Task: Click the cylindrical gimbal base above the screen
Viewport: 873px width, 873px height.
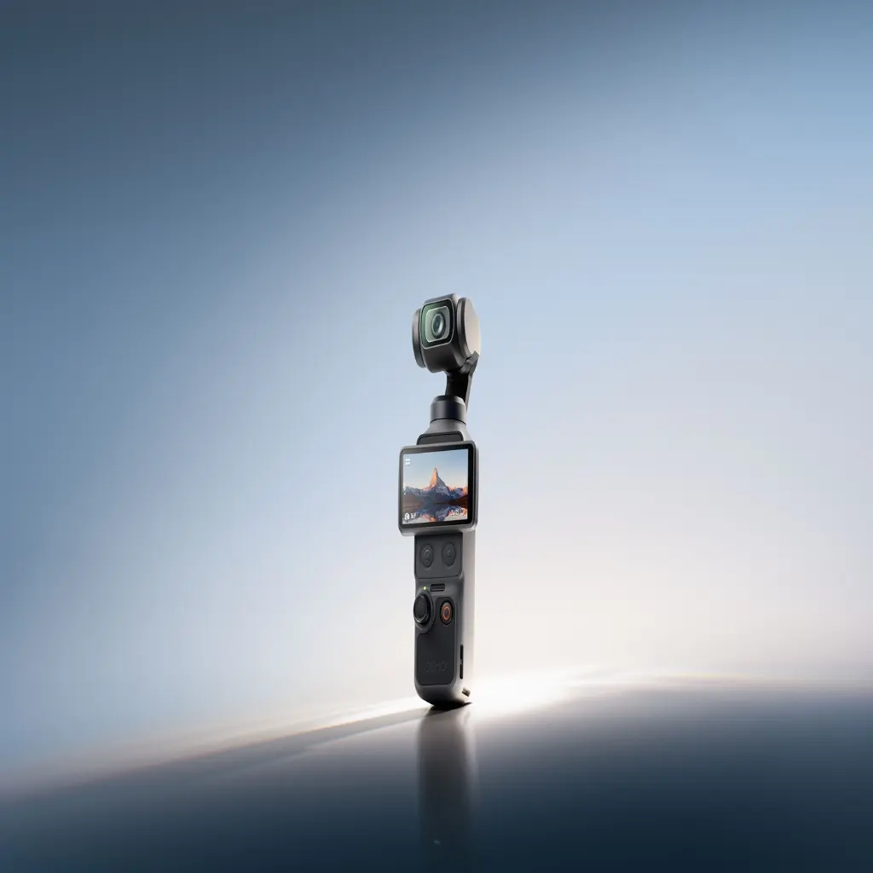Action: (x=448, y=410)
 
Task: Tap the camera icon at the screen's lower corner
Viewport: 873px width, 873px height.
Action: (x=407, y=516)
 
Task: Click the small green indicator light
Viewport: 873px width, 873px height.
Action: (x=425, y=588)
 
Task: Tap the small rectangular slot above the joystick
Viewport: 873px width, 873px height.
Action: (x=437, y=587)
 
